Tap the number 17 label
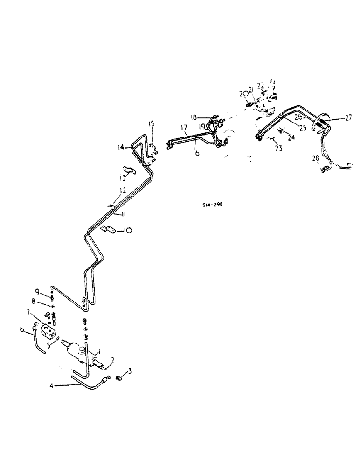point(183,127)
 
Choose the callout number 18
point(193,116)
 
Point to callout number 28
point(315,158)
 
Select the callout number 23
point(279,149)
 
